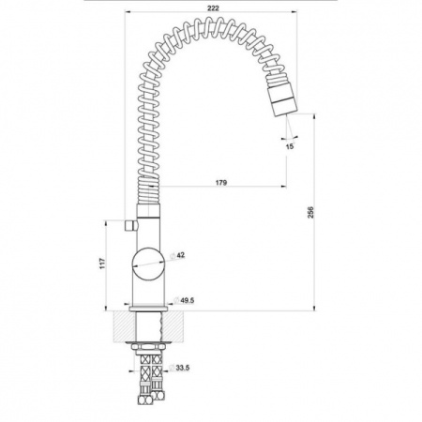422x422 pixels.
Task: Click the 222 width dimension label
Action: (x=213, y=8)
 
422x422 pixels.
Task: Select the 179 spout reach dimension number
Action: (x=221, y=183)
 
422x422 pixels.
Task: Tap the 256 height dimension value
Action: (x=310, y=212)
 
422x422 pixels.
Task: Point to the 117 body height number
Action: (x=101, y=264)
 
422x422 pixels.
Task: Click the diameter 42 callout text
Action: (x=177, y=255)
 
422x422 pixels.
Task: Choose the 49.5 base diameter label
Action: (x=184, y=300)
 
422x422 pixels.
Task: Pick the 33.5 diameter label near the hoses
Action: (x=179, y=368)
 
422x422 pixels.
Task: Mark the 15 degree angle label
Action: (x=290, y=146)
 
